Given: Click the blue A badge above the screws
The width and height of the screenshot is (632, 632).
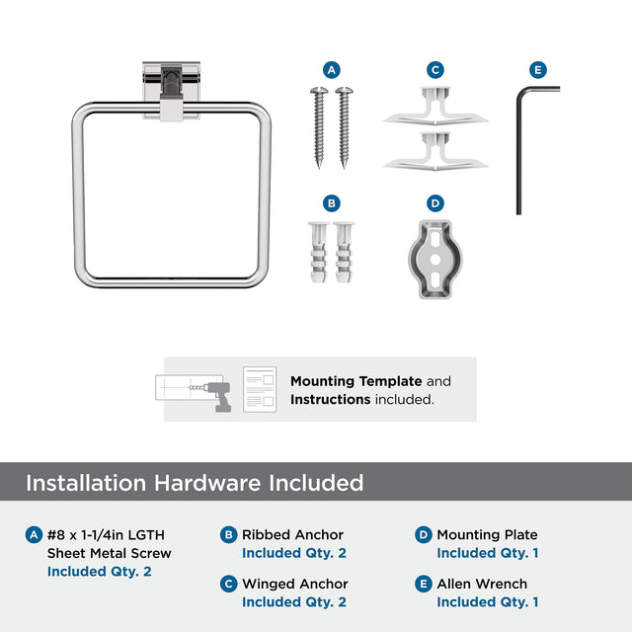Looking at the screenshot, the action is coord(332,70).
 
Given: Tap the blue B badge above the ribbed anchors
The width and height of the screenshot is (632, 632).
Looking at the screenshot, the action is coord(332,203).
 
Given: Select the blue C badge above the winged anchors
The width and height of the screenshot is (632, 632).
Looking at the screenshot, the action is coord(435,70).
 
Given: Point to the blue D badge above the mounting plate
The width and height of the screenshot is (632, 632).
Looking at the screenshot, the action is coord(435,203).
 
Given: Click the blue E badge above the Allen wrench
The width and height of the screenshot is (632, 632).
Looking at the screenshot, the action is coord(538,70).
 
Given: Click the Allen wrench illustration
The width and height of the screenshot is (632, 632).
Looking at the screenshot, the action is coord(519,153).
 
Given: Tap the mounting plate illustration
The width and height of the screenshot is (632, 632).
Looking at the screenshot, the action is coord(435,259).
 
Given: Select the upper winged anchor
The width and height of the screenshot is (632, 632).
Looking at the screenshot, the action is coord(435,106).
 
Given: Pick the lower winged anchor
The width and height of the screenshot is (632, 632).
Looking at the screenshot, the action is coord(435,151).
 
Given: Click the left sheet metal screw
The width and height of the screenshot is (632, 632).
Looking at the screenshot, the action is coord(319,127).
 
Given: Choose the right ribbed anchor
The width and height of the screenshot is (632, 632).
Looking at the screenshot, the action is coord(344,252).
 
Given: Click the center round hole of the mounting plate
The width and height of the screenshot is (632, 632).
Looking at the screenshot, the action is coord(435,260).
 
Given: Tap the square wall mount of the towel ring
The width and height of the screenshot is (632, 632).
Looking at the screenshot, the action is coord(171,90).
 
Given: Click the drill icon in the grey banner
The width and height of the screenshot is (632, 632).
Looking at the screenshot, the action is coord(217,397).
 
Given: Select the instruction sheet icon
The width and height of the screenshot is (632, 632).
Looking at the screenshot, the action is coord(260,389).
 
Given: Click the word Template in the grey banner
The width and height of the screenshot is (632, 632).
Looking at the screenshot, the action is coord(391,381).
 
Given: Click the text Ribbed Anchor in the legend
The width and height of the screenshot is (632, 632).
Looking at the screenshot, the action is coord(292,535).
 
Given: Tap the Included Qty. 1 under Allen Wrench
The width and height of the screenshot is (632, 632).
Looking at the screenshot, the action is coord(488,602).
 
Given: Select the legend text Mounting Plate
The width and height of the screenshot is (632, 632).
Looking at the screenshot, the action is coord(487,535).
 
